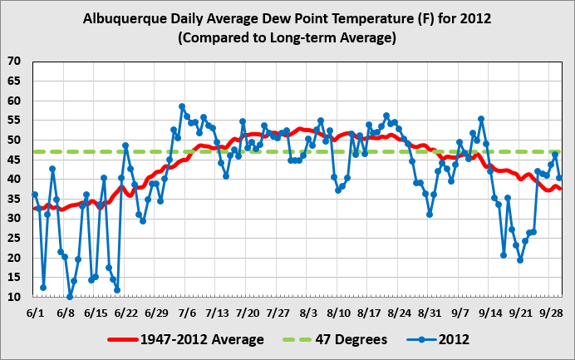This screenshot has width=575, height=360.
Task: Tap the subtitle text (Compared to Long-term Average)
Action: pyautogui.click(x=287, y=37)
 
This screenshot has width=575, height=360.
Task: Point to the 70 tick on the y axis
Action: pyautogui.click(x=15, y=62)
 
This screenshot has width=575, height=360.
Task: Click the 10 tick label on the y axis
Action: pyautogui.click(x=15, y=297)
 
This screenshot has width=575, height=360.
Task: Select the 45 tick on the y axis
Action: pyautogui.click(x=15, y=160)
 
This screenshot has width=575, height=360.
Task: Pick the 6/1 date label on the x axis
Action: pyautogui.click(x=34, y=313)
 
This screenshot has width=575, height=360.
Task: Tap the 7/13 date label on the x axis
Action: pyautogui.click(x=217, y=313)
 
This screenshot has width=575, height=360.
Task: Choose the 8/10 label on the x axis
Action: pyautogui.click(x=338, y=313)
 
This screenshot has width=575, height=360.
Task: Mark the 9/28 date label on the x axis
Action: pyautogui.click(x=551, y=313)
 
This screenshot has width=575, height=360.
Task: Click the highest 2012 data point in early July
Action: pyautogui.click(x=182, y=106)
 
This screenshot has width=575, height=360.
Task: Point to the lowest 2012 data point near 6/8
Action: pyautogui.click(x=70, y=297)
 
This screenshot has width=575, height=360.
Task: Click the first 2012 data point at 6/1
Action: pyautogui.click(x=34, y=195)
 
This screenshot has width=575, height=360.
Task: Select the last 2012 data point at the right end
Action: pyautogui.click(x=559, y=178)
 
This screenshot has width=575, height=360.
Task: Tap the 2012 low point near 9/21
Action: pyautogui.click(x=520, y=259)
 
